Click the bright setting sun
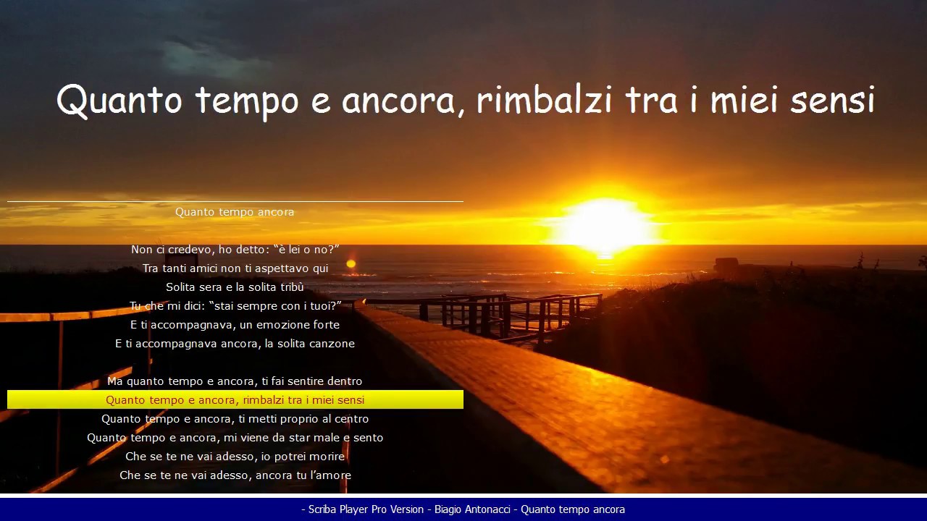[605, 226]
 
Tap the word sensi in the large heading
[832, 100]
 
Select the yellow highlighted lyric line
[235, 400]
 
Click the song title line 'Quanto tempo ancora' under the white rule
[235, 212]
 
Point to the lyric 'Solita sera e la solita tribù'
[235, 287]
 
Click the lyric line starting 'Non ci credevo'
[235, 250]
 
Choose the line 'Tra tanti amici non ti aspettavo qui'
[235, 268]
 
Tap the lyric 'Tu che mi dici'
[235, 306]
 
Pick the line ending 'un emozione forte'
[235, 325]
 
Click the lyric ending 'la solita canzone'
[235, 344]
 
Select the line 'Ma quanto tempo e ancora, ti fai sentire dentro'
[235, 381]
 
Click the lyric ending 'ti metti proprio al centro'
[235, 419]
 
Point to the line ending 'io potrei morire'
[235, 457]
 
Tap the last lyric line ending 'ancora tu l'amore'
[235, 475]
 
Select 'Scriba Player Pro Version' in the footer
[366, 509]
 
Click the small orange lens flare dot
[351, 264]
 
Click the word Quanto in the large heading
[119, 100]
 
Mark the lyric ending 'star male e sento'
[235, 438]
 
